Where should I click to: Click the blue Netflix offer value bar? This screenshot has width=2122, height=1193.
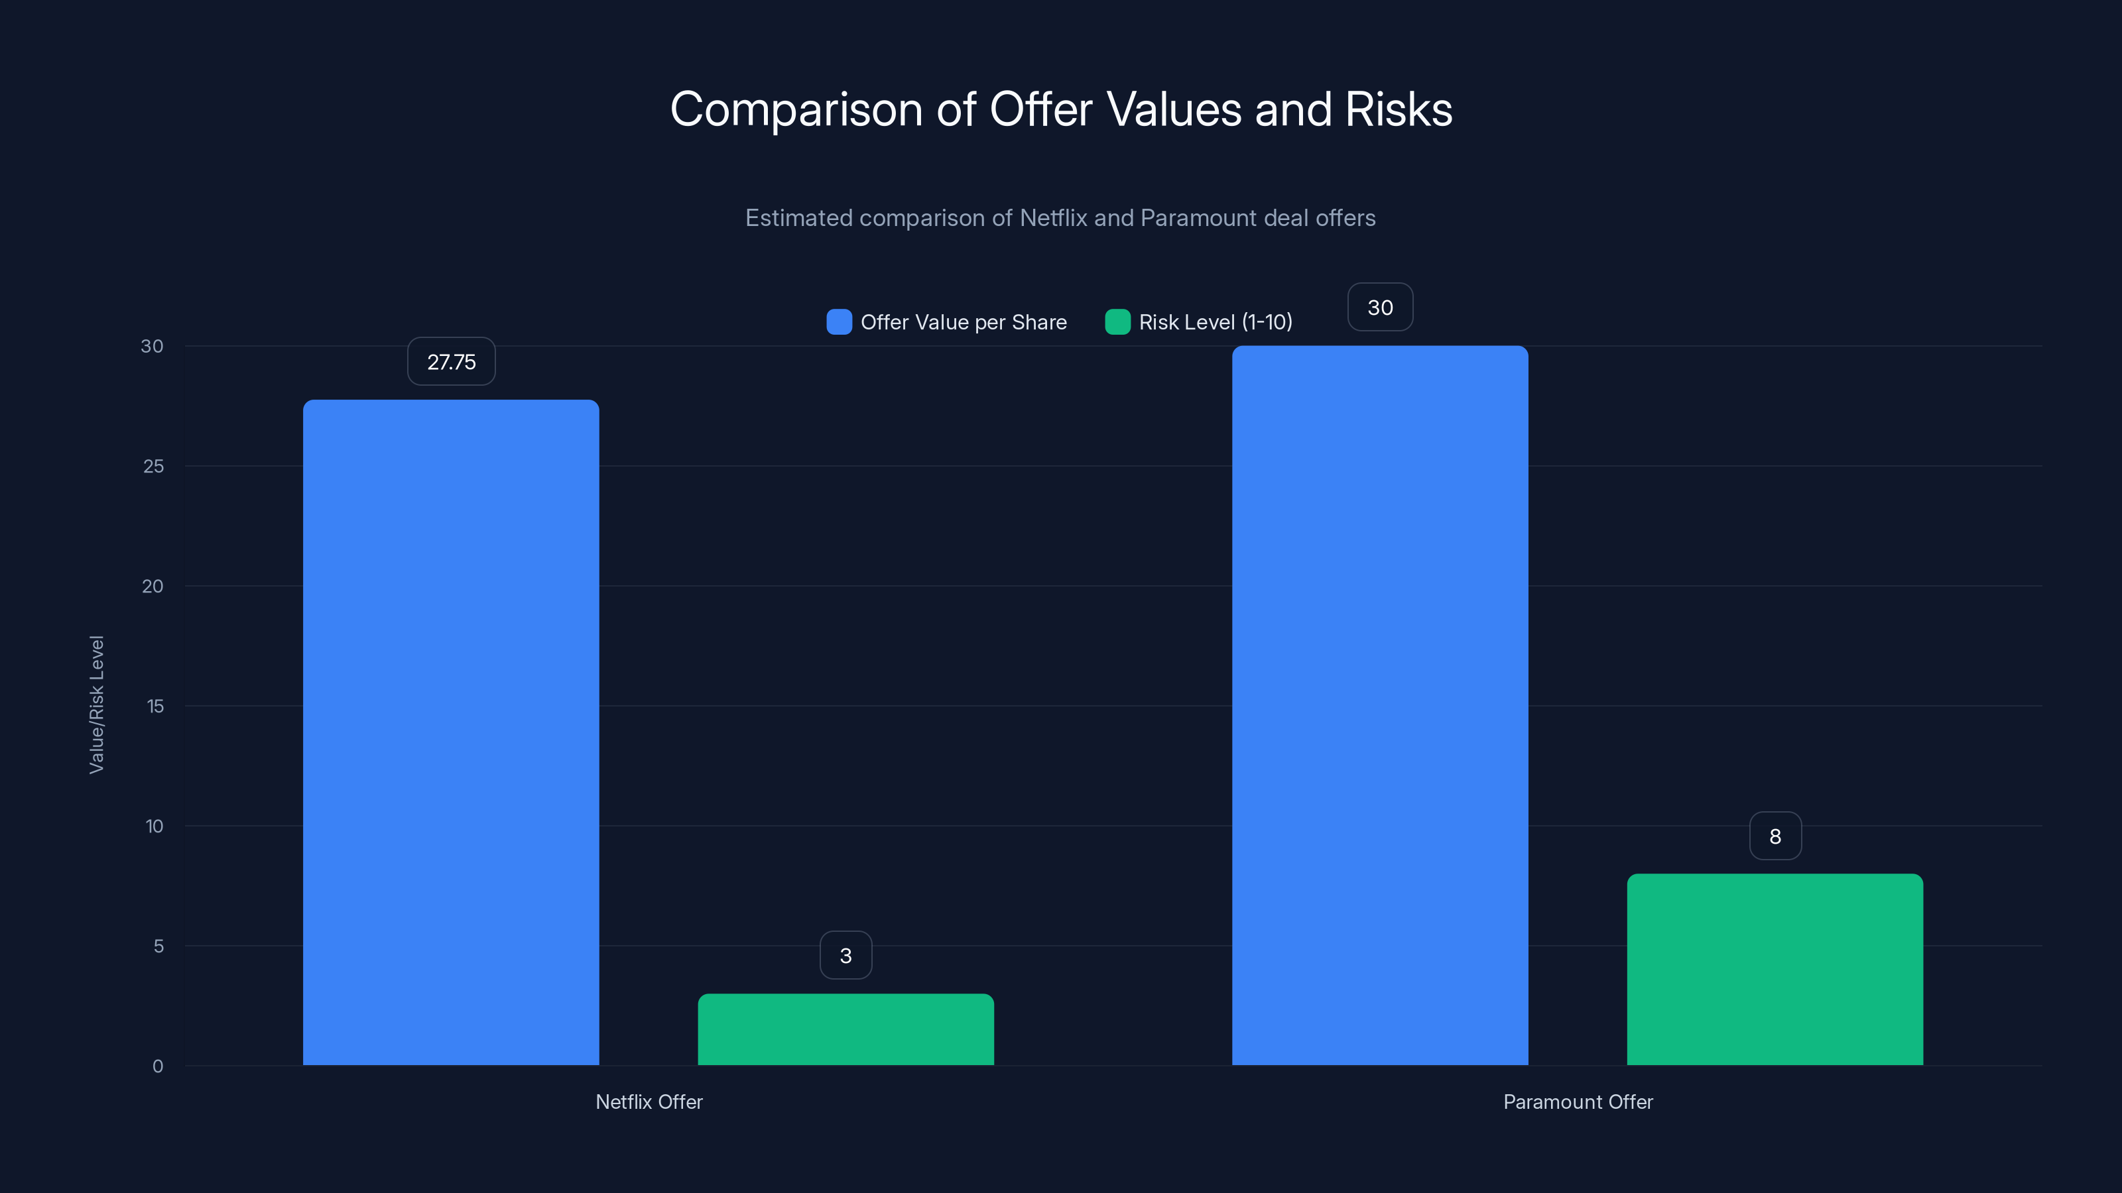tap(451, 733)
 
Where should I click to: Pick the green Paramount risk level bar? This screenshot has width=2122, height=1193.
tap(1775, 969)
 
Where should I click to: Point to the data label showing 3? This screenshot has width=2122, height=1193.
tap(846, 955)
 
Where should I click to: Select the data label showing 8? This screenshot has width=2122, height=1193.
tap(1775, 836)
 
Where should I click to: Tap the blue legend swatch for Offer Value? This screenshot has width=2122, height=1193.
tap(839, 322)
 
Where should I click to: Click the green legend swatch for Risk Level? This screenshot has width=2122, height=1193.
tap(1117, 322)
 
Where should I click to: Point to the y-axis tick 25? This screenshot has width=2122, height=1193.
tap(153, 466)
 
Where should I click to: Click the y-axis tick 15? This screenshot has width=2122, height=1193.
tap(155, 706)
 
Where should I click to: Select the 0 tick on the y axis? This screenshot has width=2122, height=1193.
tap(157, 1066)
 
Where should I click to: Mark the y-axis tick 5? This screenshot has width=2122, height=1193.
tap(158, 946)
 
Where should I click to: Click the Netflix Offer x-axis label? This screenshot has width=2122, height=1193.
tap(649, 1102)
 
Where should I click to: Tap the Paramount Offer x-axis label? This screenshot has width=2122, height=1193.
tap(1578, 1102)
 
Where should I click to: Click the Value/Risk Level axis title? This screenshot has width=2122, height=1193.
tap(96, 705)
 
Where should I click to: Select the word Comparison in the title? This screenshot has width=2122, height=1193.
tap(796, 109)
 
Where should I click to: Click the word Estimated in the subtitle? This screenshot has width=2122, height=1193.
tap(798, 217)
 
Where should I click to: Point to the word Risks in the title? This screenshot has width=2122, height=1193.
tap(1398, 109)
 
